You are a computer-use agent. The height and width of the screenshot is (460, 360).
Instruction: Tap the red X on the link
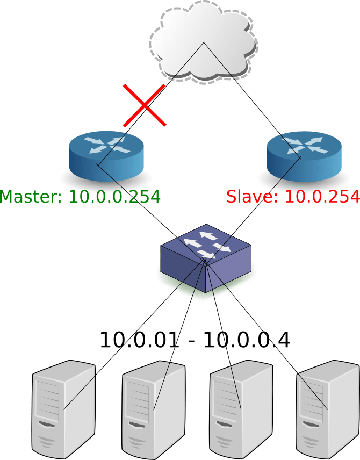(x=144, y=105)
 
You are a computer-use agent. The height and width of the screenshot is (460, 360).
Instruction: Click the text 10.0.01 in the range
(x=139, y=340)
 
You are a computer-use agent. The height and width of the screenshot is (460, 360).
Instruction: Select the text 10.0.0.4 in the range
(x=247, y=340)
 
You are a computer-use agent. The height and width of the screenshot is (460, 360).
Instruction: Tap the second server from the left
(x=153, y=409)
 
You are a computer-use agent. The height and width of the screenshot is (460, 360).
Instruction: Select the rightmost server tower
(x=328, y=409)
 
